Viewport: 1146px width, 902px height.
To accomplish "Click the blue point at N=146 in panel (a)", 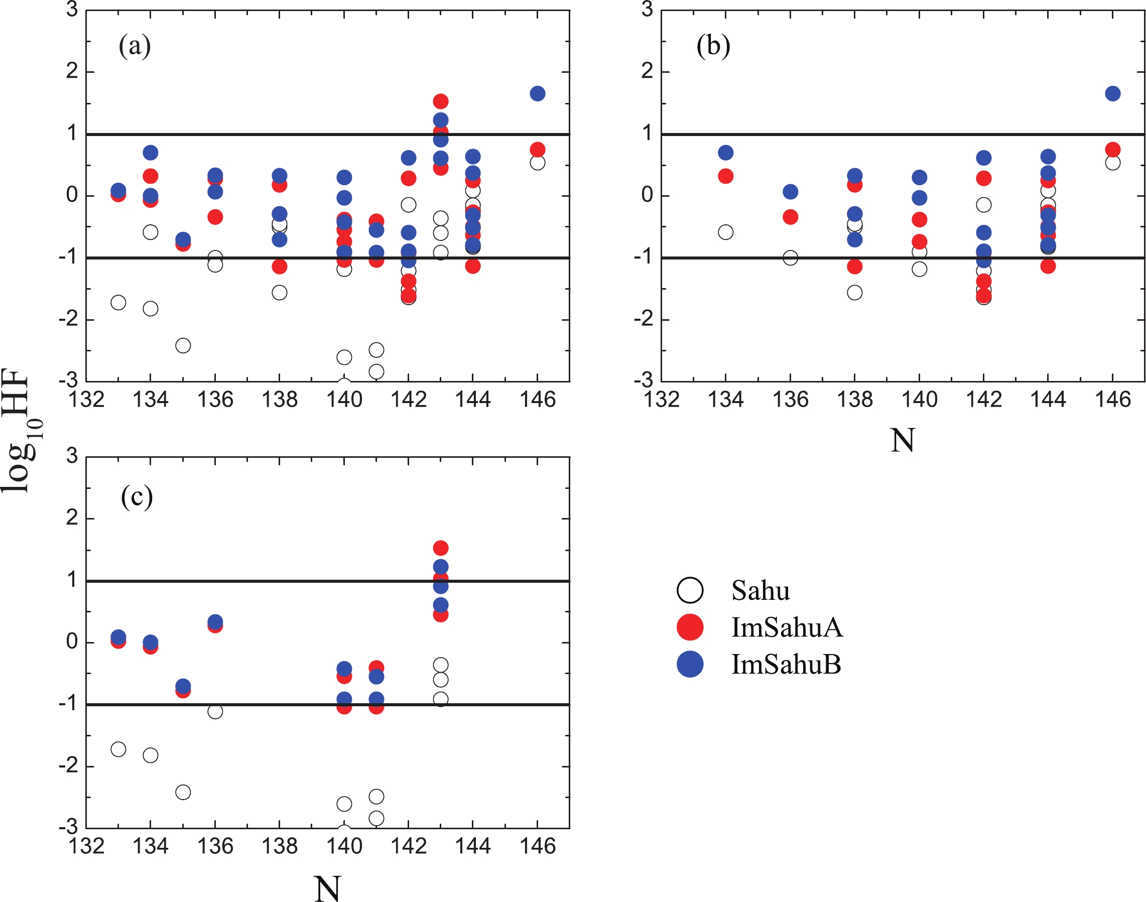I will tap(537, 93).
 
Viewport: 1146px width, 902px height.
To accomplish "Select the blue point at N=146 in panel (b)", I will tap(1112, 93).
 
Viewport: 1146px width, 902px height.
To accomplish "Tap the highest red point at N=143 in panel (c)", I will tap(440, 548).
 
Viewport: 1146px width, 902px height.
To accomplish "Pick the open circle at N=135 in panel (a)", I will tap(183, 345).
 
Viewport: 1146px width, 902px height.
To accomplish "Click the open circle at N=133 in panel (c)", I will tap(118, 749).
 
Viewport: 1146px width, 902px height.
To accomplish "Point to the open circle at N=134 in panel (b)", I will tap(726, 232).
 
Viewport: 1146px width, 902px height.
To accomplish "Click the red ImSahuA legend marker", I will tap(690, 627).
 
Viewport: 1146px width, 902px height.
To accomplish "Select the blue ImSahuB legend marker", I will tap(690, 664).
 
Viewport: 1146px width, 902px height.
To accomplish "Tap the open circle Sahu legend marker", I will tap(690, 590).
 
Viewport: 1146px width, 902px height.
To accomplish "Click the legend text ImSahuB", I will tap(786, 664).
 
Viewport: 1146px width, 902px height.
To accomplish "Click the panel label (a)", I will tap(135, 46).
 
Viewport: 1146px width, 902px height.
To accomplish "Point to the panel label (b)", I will tap(713, 46).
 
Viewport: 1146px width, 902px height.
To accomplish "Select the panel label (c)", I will tap(137, 497).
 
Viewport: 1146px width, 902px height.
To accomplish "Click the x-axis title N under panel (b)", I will tap(902, 440).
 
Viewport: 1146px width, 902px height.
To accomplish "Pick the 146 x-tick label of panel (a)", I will tap(537, 400).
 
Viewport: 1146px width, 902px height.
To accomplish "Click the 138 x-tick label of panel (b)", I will tap(854, 400).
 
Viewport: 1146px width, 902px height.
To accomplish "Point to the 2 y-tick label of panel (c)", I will tap(72, 518).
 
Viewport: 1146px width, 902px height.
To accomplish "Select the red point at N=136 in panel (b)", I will tap(790, 216).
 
